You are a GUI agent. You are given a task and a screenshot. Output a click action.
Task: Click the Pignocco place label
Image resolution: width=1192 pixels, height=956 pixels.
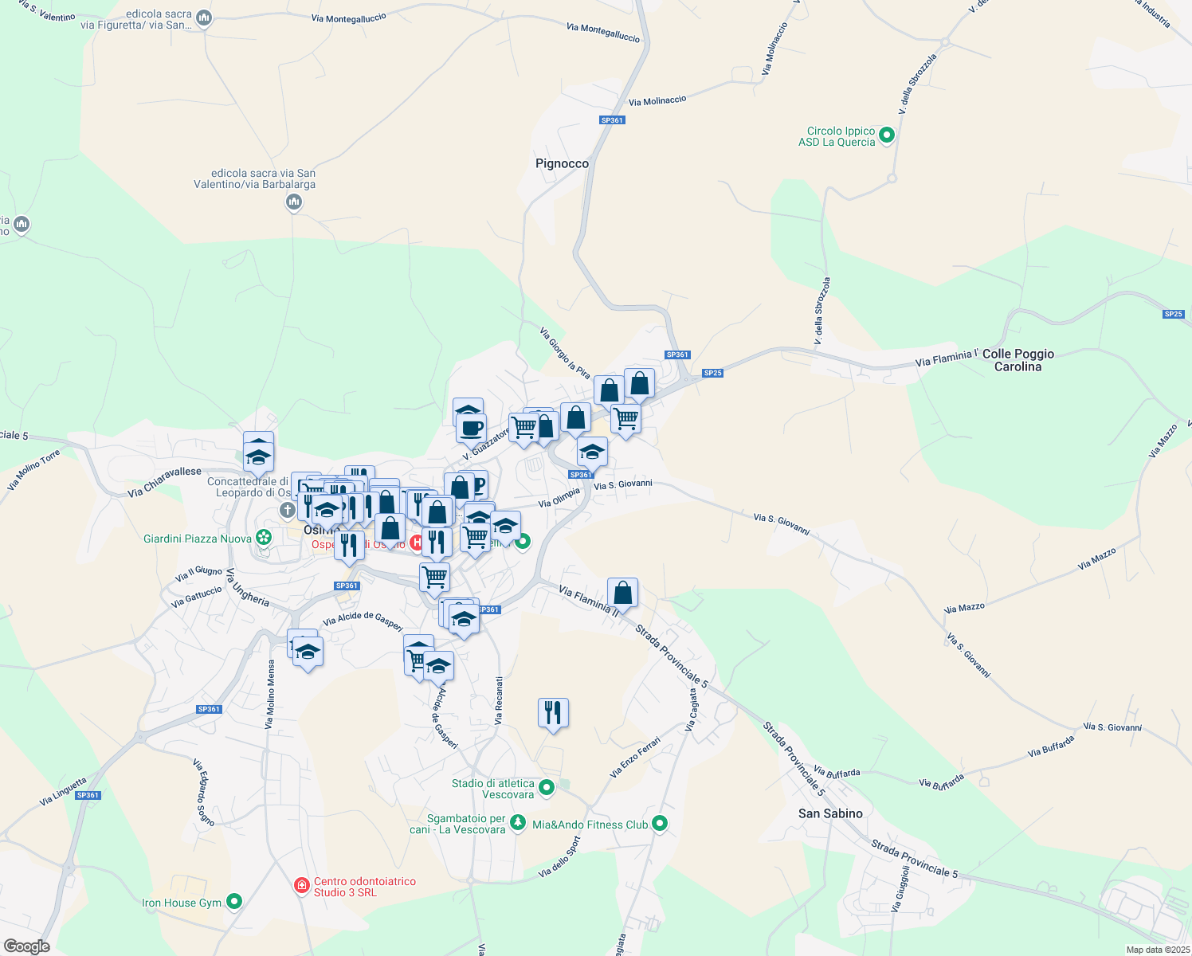pos(562,163)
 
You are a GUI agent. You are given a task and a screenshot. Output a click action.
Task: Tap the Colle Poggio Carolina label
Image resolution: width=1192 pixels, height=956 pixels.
pos(1018,360)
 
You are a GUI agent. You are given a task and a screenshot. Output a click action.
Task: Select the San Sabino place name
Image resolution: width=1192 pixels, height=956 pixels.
pos(830,813)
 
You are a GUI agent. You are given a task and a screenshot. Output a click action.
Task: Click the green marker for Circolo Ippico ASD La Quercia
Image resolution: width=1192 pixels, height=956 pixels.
pos(887,136)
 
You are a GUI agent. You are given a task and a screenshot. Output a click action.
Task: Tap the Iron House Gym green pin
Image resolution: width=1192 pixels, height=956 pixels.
pos(233,902)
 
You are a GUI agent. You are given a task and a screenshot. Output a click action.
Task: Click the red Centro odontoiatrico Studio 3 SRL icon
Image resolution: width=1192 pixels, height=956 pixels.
pos(302,886)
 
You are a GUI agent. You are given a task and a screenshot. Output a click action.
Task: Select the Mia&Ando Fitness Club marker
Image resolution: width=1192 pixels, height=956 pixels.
pos(659,824)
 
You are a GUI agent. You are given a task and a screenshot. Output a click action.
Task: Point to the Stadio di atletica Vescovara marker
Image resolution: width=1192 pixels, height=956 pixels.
pos(547,788)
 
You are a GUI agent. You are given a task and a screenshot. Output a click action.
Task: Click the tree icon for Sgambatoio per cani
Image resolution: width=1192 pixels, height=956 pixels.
pos(518,822)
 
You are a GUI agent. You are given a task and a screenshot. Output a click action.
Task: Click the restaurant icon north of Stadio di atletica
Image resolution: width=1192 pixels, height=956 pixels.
pos(553,712)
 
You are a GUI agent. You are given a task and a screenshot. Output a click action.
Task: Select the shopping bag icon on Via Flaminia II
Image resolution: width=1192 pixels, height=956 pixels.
pos(622,593)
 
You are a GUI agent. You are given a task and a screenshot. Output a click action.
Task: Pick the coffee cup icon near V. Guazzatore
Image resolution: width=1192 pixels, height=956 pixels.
pos(472,428)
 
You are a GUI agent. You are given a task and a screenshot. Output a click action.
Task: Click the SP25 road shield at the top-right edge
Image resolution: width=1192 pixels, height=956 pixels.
pos(1173,314)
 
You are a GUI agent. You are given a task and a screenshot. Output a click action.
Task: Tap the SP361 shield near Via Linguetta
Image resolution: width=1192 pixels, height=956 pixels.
pos(88,795)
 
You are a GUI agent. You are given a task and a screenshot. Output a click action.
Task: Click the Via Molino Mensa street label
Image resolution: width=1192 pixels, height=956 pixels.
pos(270,694)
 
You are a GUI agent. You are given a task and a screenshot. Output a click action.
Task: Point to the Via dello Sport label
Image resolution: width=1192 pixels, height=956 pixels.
pos(559,857)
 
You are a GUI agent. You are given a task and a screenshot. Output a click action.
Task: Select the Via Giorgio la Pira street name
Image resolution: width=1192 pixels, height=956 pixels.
pos(565,353)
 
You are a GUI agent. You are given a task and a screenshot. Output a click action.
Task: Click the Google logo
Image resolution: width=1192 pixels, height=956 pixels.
pos(26,946)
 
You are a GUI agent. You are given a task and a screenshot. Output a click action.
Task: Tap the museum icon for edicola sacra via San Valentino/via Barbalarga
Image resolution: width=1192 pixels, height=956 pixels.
pos(294,202)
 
